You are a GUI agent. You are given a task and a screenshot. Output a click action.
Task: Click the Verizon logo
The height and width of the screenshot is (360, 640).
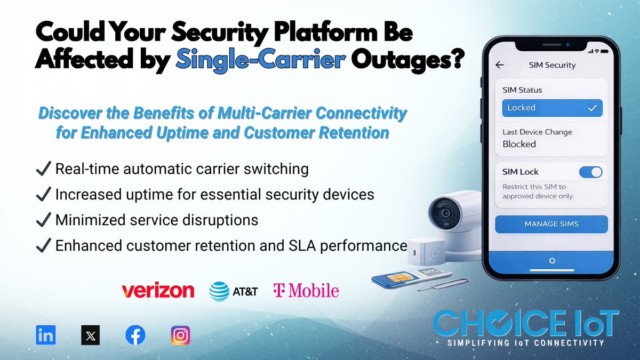(158, 290)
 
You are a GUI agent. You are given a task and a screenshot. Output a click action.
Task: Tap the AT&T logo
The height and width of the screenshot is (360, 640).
(234, 291)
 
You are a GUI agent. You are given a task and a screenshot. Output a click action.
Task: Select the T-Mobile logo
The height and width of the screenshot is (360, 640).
(306, 290)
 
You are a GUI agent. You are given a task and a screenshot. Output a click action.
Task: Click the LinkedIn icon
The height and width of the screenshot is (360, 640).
(46, 335)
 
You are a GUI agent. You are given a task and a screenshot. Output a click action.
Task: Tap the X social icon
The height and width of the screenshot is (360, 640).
(90, 335)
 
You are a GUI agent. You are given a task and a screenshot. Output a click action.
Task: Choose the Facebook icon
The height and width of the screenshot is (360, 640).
(135, 335)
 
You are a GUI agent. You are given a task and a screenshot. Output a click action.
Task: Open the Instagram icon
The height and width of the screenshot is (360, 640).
(180, 335)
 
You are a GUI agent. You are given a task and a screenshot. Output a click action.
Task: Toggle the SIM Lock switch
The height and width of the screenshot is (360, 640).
(590, 172)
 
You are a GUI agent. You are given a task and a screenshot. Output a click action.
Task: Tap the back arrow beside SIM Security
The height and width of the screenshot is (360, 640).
(500, 65)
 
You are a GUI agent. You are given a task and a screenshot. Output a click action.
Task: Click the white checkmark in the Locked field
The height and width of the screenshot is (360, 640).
(592, 108)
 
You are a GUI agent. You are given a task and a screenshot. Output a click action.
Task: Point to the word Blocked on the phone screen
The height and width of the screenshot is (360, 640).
(519, 144)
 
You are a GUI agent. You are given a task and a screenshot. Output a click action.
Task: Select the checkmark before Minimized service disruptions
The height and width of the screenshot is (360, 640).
(43, 220)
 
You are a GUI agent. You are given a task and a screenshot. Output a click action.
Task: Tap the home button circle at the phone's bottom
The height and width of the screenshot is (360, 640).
(552, 261)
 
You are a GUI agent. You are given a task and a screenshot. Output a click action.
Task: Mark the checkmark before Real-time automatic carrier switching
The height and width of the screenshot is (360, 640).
(43, 170)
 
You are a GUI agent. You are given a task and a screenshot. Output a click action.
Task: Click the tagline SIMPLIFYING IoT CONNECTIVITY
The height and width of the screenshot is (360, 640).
(526, 343)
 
